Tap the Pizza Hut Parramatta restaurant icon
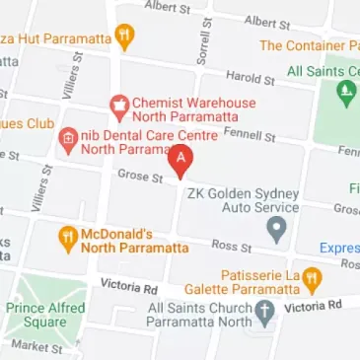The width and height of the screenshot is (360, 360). tap(124, 37)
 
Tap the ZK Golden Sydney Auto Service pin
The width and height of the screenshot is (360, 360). tap(277, 231)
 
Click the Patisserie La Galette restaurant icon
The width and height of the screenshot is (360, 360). tap(311, 277)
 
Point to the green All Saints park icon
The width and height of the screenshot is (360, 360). tap(345, 93)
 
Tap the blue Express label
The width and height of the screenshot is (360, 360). tap(339, 249)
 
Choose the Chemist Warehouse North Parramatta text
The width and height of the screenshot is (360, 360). tap(193, 109)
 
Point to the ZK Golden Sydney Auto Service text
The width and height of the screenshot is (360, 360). tap(243, 201)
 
